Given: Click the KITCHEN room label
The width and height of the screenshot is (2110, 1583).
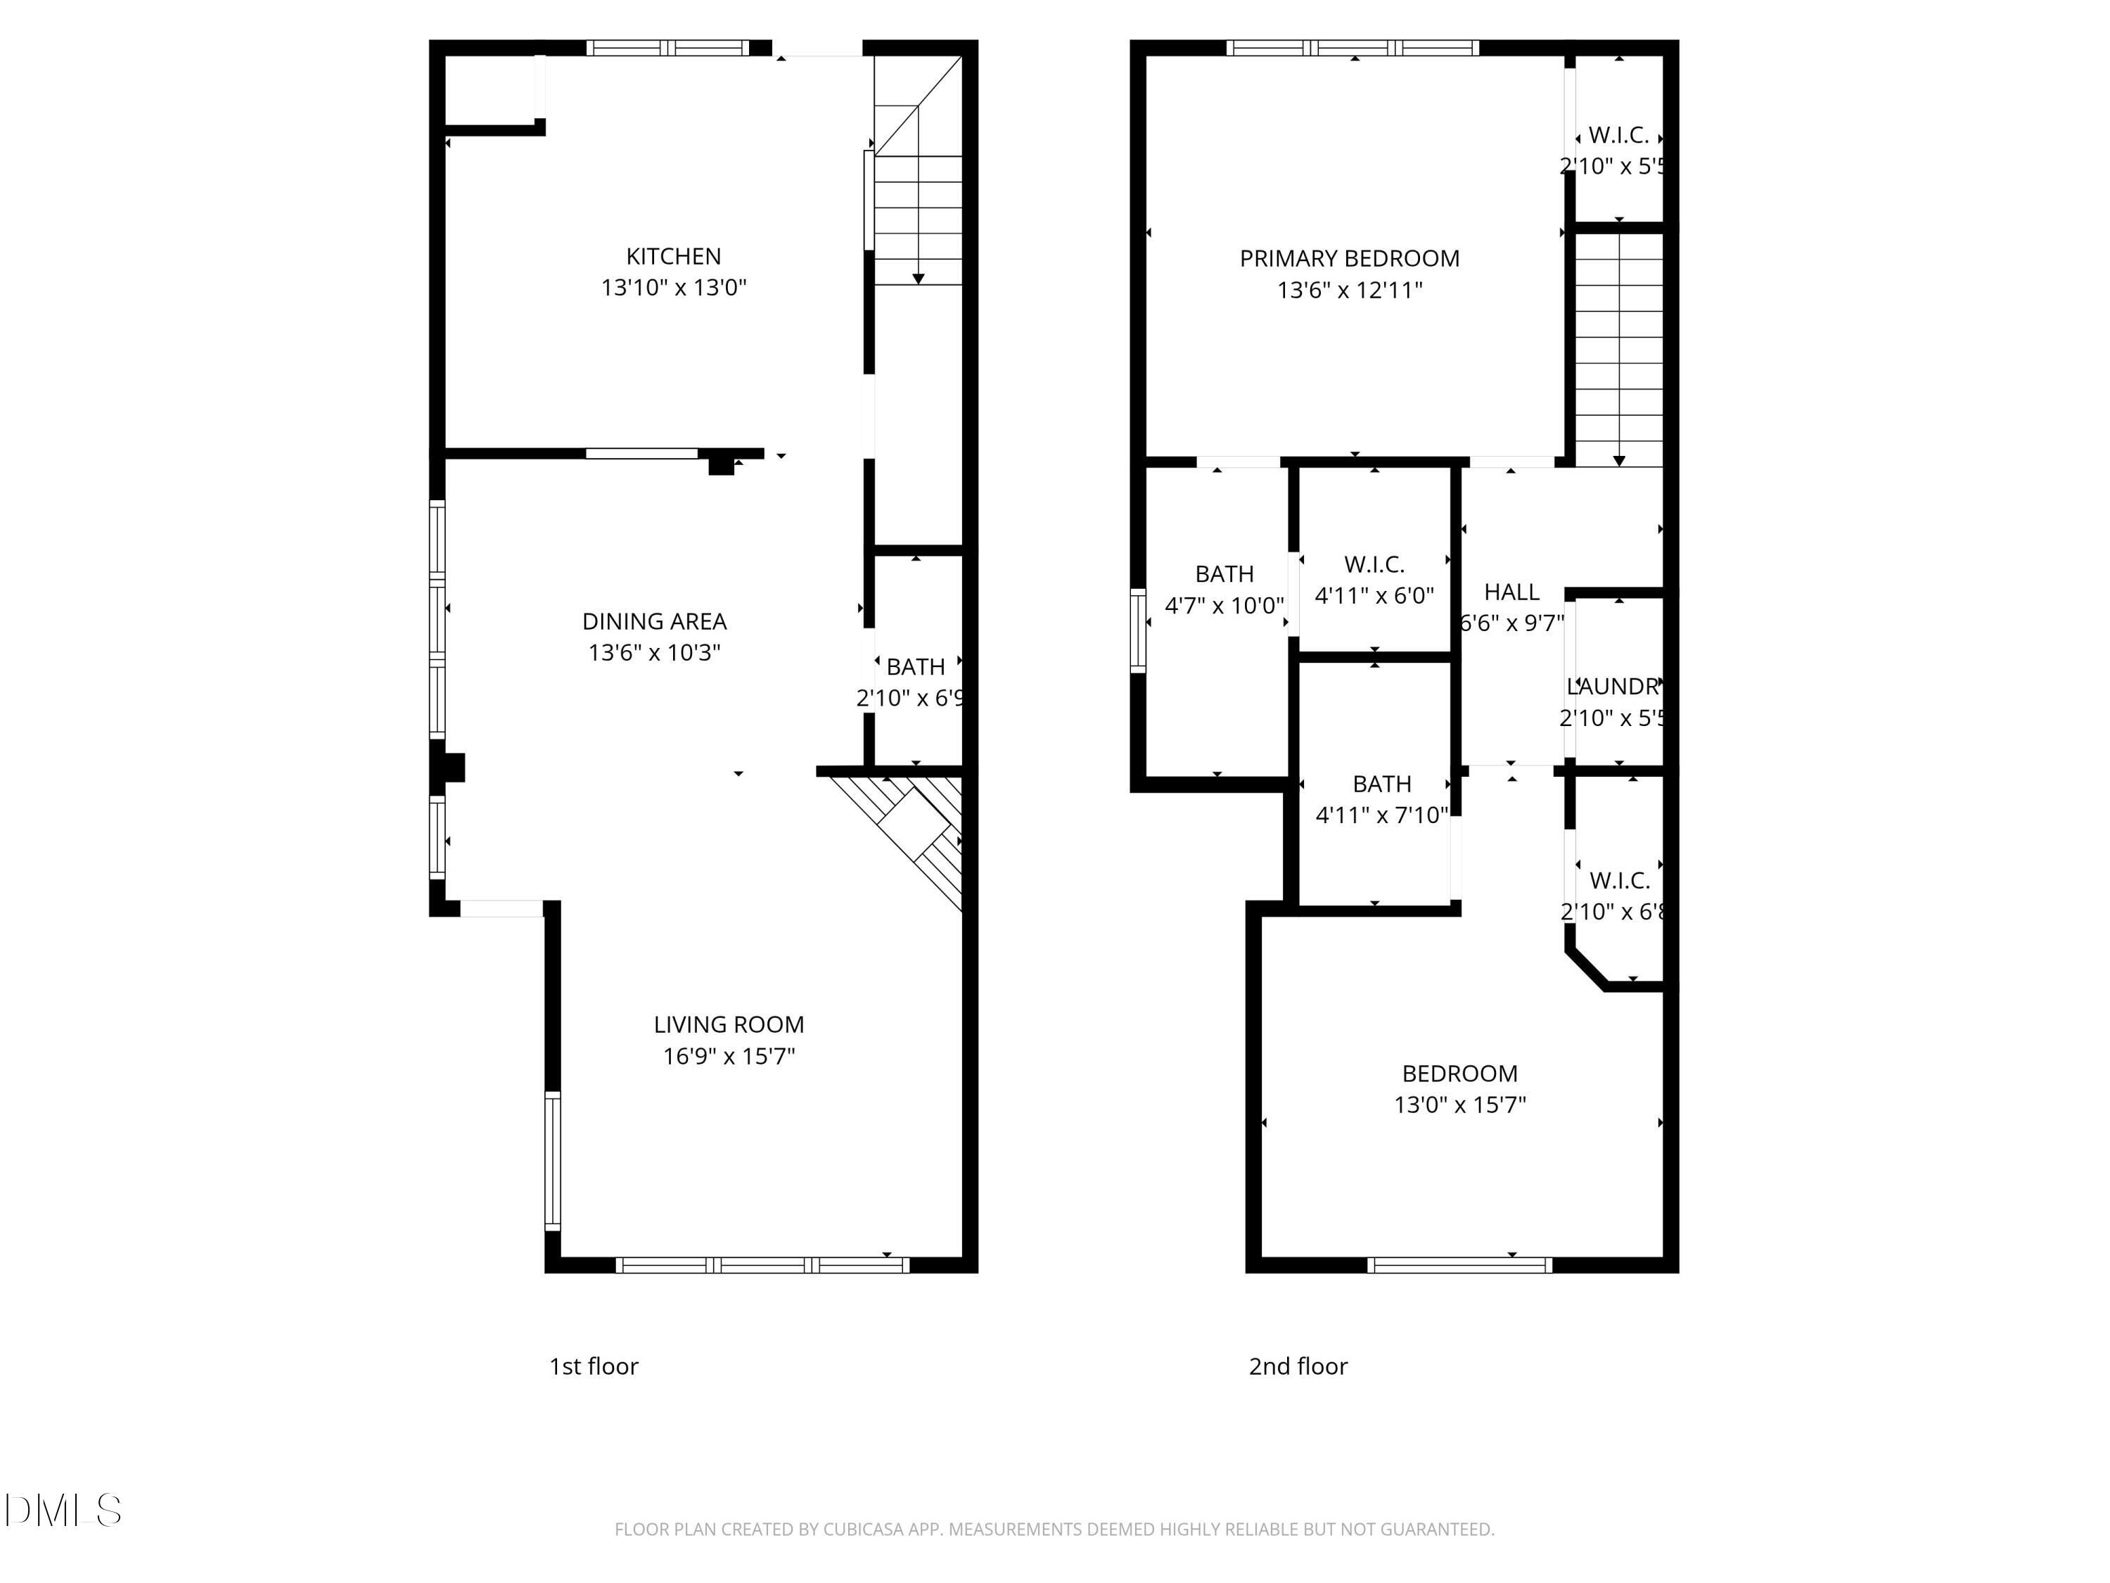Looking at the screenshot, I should [674, 255].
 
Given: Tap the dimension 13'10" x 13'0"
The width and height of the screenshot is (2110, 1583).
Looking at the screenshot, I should [674, 287].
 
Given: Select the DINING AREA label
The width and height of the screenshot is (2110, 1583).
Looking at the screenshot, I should [654, 621].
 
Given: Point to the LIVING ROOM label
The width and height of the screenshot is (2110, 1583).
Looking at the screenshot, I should [729, 1025].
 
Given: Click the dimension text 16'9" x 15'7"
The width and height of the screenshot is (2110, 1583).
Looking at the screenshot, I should [729, 1056].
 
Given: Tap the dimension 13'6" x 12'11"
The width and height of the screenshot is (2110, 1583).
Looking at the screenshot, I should [1349, 290].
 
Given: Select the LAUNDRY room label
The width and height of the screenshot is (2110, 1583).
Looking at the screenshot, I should [1614, 686].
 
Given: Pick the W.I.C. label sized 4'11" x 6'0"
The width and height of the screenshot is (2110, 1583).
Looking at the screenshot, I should [1374, 564].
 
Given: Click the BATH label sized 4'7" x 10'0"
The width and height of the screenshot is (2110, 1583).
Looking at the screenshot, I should [1224, 573].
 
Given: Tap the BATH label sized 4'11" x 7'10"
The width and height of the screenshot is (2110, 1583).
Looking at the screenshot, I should [1381, 783].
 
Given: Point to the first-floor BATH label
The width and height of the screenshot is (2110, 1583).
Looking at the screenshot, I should [915, 667].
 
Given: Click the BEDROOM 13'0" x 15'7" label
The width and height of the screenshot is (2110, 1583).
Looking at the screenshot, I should [1459, 1074].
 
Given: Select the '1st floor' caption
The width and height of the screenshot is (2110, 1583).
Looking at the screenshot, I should [594, 1366].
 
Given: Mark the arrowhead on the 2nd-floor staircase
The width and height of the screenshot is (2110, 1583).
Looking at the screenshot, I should [1619, 461].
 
